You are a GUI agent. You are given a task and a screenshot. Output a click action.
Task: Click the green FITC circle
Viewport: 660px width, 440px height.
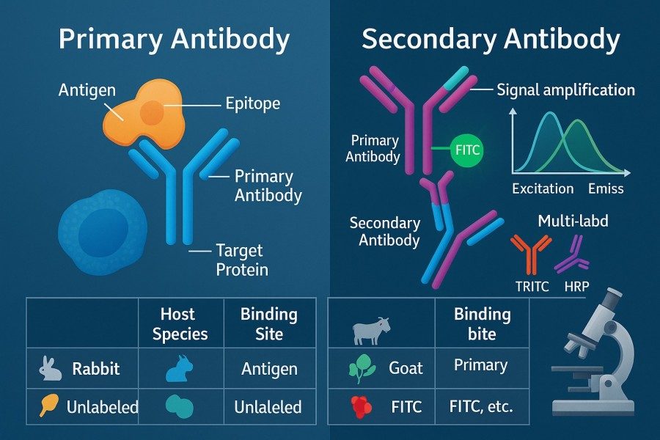click(467, 150)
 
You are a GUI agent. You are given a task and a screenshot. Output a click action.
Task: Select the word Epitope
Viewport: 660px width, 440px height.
click(252, 103)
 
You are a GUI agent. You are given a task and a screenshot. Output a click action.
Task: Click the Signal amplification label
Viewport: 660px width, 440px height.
click(565, 89)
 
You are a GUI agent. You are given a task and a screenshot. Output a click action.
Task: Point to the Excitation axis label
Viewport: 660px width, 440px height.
click(543, 188)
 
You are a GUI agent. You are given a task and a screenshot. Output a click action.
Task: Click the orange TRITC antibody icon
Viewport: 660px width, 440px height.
click(531, 254)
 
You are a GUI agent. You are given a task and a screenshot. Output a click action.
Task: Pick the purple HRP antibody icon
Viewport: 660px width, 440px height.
click(573, 254)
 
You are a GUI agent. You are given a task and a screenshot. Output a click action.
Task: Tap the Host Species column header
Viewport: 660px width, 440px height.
click(180, 324)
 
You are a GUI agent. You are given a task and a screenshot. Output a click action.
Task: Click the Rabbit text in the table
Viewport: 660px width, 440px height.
click(96, 369)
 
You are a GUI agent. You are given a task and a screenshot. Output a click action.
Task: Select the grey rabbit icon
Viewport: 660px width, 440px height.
click(50, 369)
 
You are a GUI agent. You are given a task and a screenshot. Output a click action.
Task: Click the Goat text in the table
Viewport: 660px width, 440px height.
click(406, 368)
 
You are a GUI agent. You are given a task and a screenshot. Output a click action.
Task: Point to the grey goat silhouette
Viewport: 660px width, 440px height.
click(371, 331)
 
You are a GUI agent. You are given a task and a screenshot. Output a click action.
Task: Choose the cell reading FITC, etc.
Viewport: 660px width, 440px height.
click(481, 407)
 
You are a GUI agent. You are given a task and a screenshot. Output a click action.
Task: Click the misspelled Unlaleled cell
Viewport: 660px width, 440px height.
click(268, 407)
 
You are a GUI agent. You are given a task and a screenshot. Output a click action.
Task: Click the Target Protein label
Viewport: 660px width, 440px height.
click(242, 260)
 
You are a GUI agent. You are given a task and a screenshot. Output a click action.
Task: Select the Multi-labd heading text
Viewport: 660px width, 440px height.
click(573, 221)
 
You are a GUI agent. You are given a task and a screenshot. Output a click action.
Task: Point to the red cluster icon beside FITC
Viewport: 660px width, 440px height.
click(361, 407)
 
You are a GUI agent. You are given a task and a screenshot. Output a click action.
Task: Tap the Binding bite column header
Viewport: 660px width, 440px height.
click(482, 324)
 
